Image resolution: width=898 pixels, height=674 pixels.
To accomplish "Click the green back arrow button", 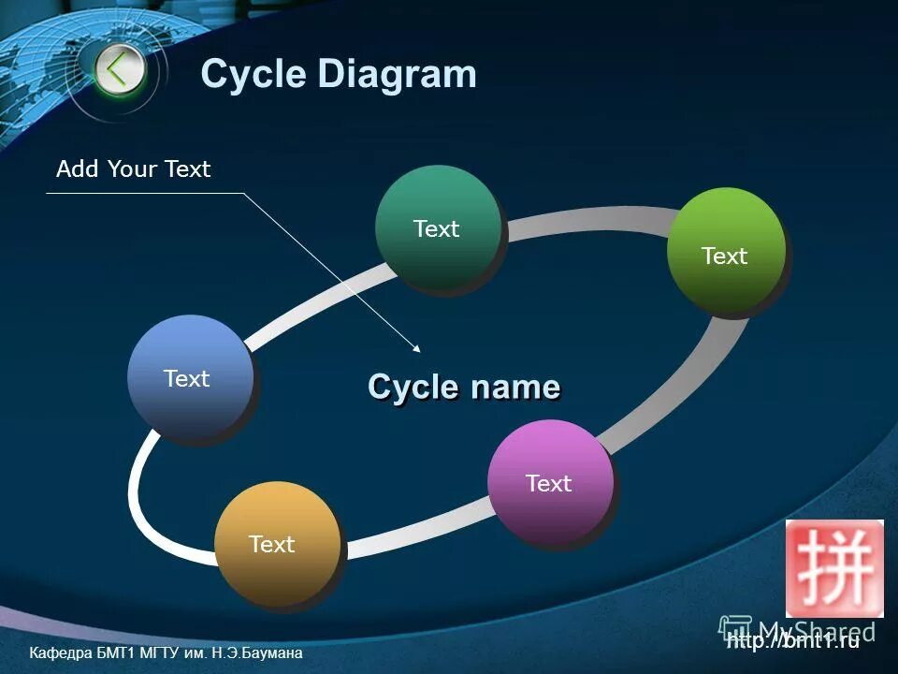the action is pyautogui.click(x=120, y=69).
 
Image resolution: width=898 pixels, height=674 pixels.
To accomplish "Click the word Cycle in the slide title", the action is pyautogui.click(x=253, y=74).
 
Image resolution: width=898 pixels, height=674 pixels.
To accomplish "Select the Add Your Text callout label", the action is pyautogui.click(x=134, y=169).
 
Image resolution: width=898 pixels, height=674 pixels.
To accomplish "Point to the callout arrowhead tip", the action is pyautogui.click(x=420, y=351).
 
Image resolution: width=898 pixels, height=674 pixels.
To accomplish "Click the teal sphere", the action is pyautogui.click(x=438, y=227).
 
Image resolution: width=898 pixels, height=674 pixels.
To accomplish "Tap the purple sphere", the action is pyautogui.click(x=550, y=482).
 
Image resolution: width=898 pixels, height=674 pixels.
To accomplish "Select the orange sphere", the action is pyautogui.click(x=276, y=543).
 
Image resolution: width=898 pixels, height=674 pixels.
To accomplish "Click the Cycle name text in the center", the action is pyautogui.click(x=464, y=387).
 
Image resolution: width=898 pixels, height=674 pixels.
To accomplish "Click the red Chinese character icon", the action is pyautogui.click(x=834, y=567).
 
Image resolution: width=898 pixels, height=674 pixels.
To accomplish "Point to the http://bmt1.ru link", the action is pyautogui.click(x=792, y=641).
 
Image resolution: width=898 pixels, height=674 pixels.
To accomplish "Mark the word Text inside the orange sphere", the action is pyautogui.click(x=272, y=544).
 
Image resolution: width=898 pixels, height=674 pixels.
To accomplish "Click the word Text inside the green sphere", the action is pyautogui.click(x=725, y=256).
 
